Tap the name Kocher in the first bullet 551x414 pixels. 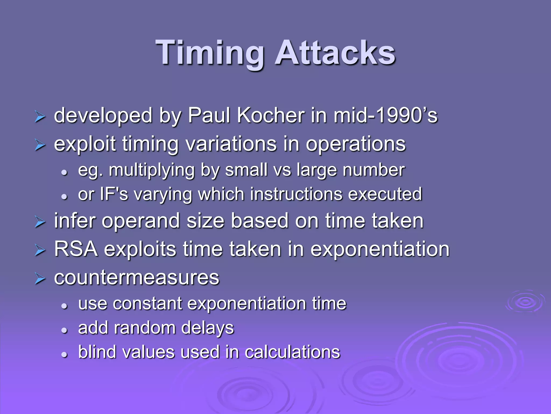coord(271,115)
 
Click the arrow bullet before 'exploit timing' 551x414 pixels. coord(40,146)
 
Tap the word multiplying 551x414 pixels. coord(151,170)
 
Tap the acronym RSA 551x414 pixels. coord(76,249)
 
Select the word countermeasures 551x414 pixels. coord(137,278)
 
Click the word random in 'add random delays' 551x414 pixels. coord(145,328)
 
